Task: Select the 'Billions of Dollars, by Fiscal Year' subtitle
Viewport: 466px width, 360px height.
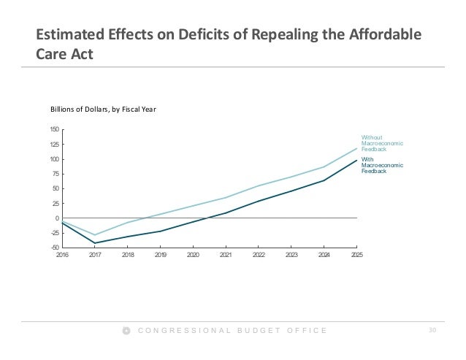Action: point(104,110)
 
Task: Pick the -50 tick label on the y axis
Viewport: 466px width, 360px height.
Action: point(55,248)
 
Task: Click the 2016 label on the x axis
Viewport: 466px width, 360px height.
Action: point(62,256)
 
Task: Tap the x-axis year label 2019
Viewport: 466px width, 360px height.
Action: point(161,256)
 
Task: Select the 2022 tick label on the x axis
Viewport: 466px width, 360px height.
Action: point(259,256)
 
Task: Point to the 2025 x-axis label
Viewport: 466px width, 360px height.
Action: point(356,256)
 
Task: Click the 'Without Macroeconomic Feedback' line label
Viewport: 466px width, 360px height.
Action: point(382,143)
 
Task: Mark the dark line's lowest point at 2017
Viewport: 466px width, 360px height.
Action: point(95,243)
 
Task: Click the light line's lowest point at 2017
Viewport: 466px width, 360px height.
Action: point(95,235)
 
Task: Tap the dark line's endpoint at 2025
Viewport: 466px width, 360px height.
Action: point(356,160)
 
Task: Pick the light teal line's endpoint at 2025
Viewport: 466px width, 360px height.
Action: point(356,148)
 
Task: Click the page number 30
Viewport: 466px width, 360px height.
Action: point(432,332)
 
